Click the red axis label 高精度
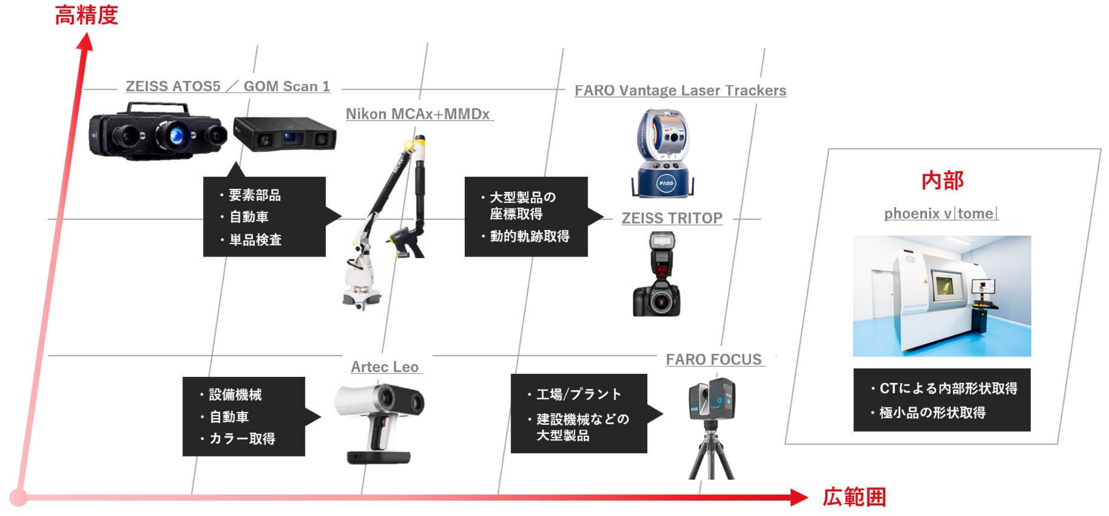pyautogui.click(x=86, y=15)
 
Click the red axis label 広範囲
pyautogui.click(x=854, y=497)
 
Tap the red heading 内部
pyautogui.click(x=943, y=180)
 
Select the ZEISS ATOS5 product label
pyautogui.click(x=173, y=86)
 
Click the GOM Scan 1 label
pyautogui.click(x=287, y=86)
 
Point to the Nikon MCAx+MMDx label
pyautogui.click(x=418, y=114)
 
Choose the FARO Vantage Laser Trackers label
pyautogui.click(x=681, y=90)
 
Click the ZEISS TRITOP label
pyautogui.click(x=672, y=218)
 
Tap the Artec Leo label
pyautogui.click(x=385, y=367)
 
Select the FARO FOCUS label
pyautogui.click(x=714, y=359)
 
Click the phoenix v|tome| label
pyautogui.click(x=941, y=214)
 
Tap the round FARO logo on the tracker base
pyautogui.click(x=666, y=183)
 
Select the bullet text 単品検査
pyautogui.click(x=255, y=240)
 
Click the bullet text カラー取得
pyautogui.click(x=242, y=439)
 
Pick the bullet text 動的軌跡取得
pyautogui.click(x=530, y=236)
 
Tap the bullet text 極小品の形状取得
pyautogui.click(x=933, y=413)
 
